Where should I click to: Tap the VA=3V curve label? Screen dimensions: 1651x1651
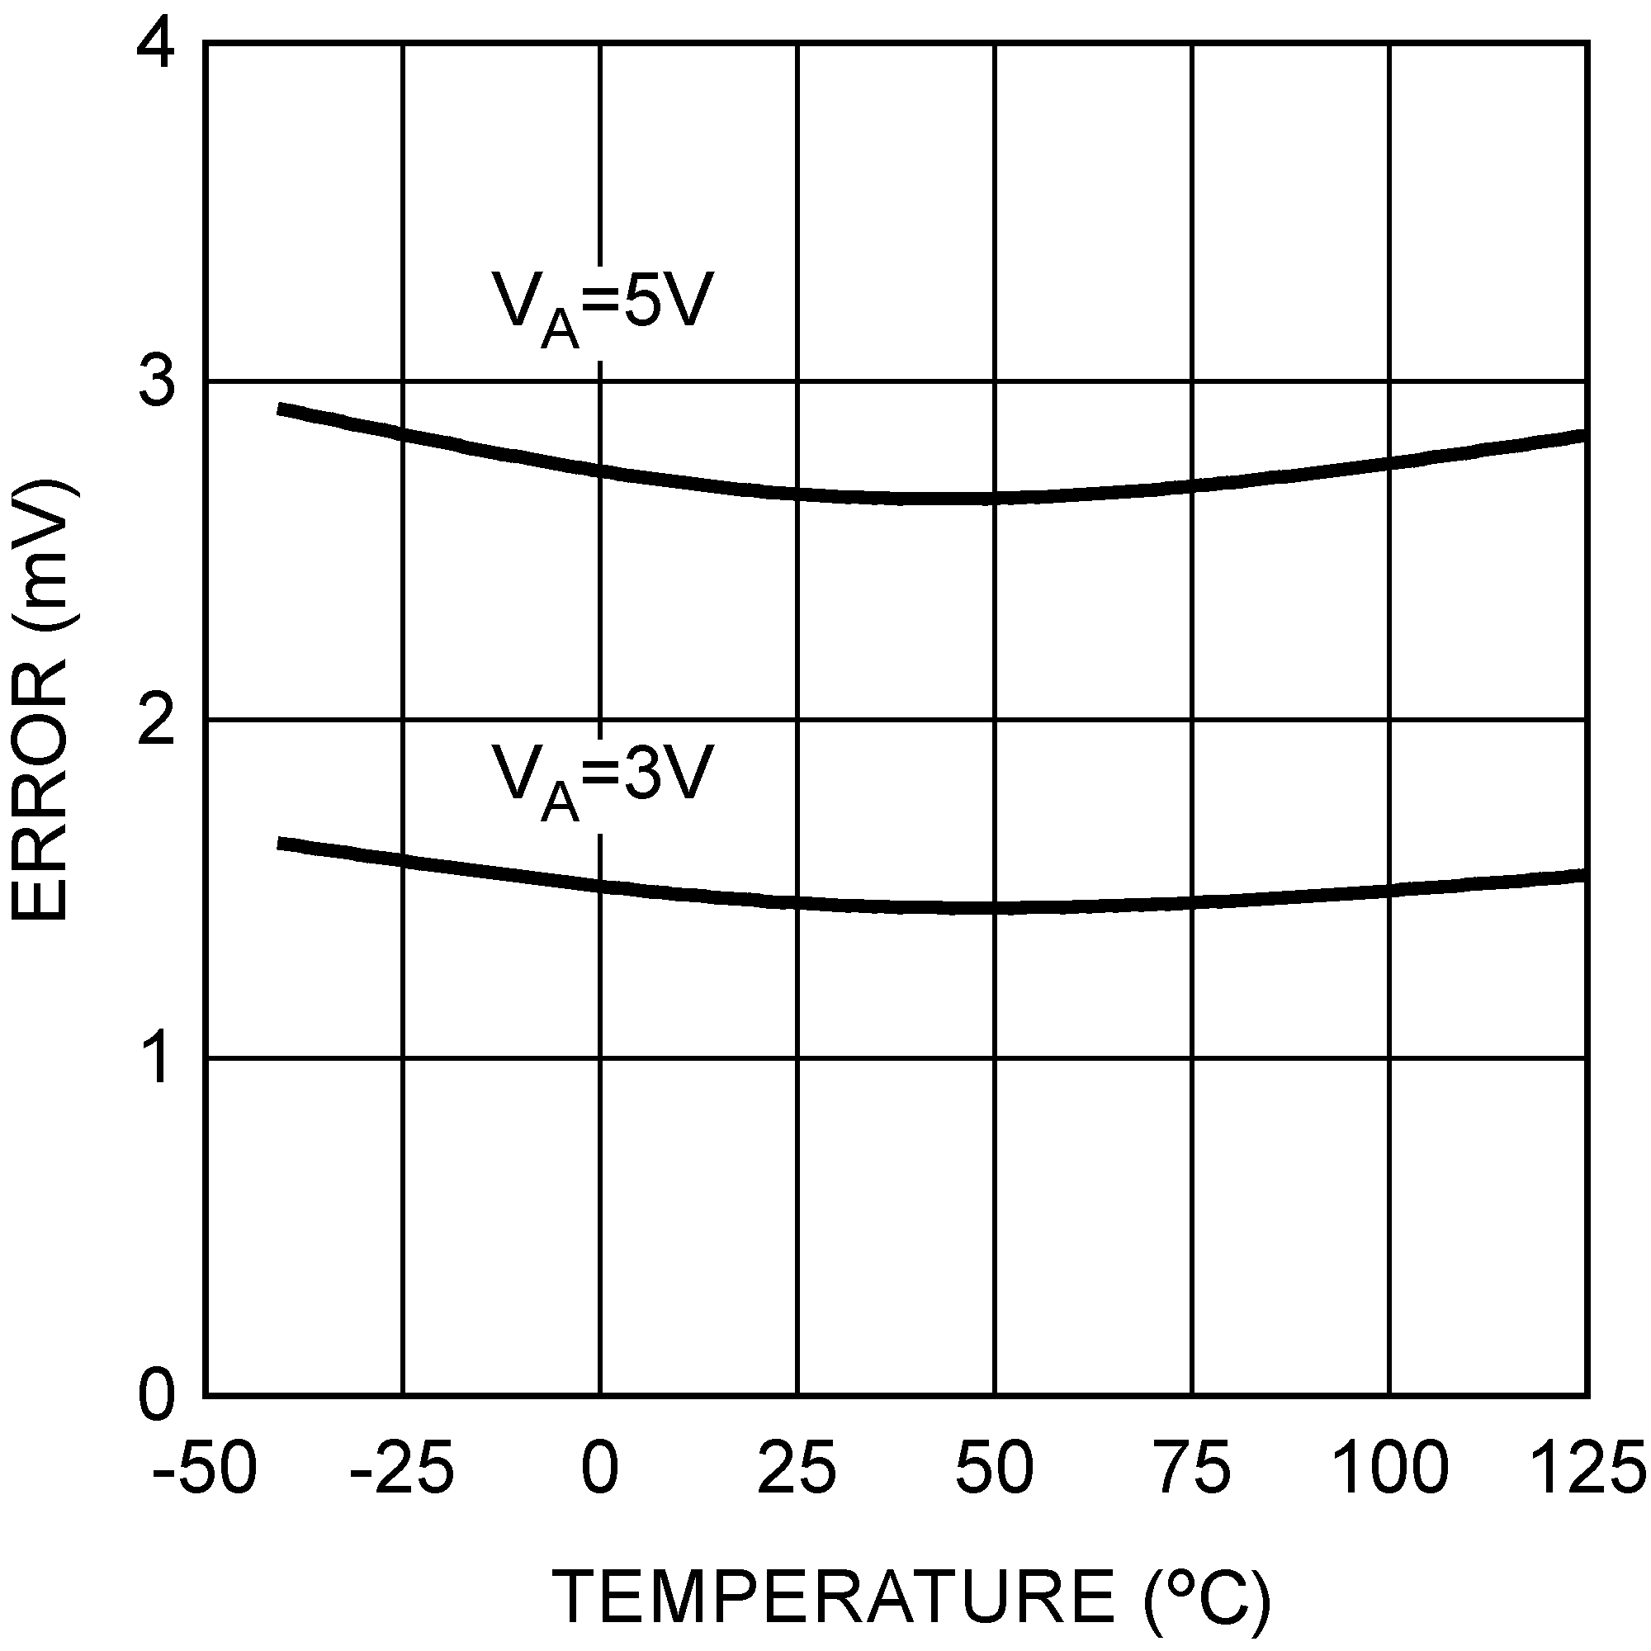point(601,778)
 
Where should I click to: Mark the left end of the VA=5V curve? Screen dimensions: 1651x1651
point(280,409)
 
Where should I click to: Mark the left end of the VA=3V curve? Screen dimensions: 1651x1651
point(280,844)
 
